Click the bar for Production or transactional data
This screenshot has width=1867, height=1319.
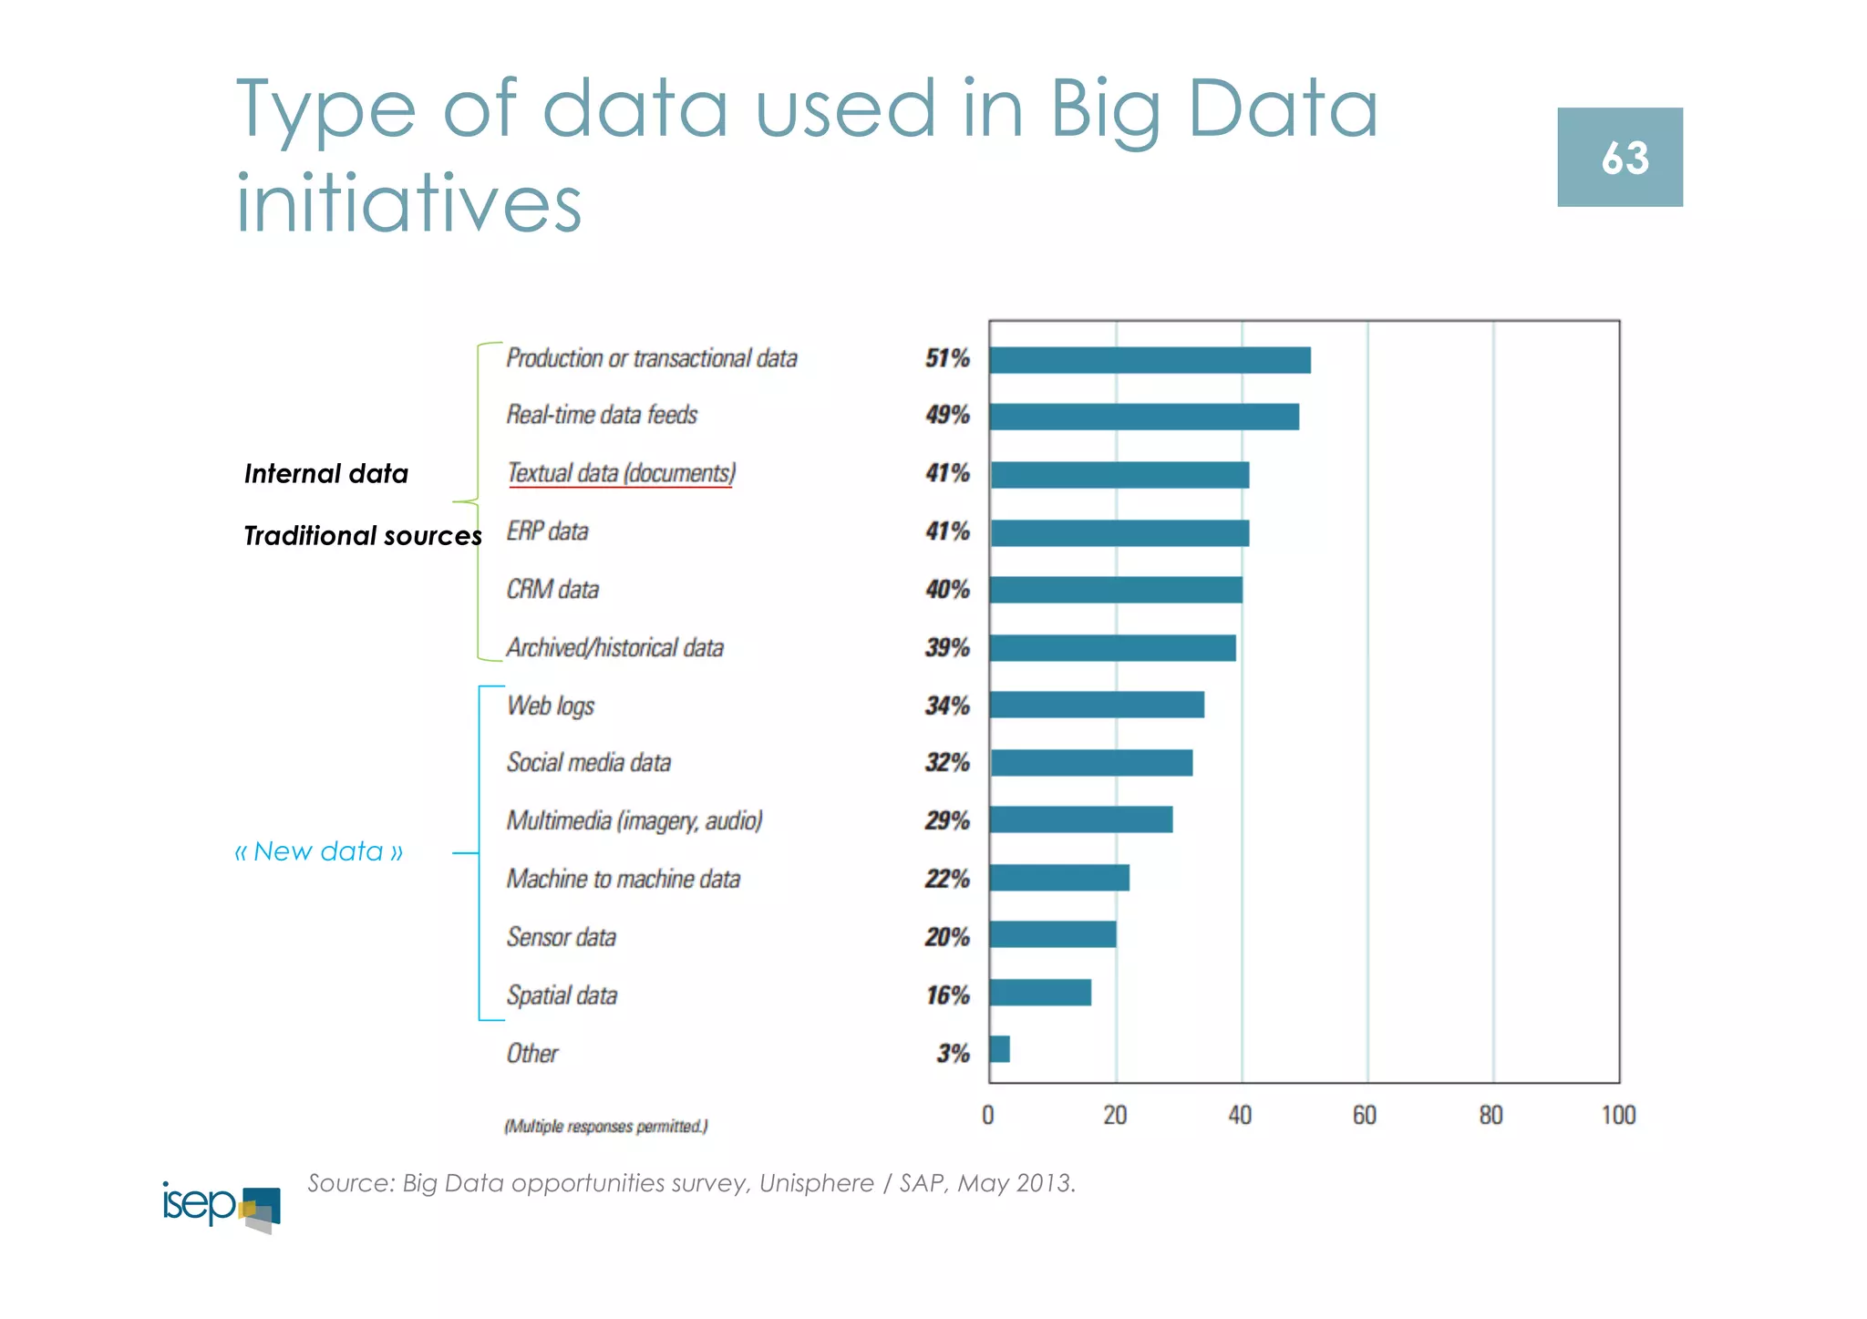tap(1150, 360)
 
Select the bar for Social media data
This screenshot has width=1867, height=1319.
tap(1091, 763)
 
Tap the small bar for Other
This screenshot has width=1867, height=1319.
tap(999, 1049)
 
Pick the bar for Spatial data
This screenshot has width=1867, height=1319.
tap(1040, 993)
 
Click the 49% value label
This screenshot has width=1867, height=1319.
tap(947, 416)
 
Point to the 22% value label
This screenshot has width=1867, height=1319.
tap(947, 880)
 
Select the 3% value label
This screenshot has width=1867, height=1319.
tap(953, 1054)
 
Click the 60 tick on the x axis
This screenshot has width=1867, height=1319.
tap(1365, 1116)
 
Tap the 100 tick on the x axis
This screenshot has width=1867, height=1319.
tap(1618, 1116)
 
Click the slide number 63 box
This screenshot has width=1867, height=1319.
tap(1619, 158)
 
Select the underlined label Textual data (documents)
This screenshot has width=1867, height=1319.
tap(621, 473)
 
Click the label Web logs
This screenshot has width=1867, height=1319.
tap(551, 706)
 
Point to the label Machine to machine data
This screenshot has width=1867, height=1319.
tap(624, 880)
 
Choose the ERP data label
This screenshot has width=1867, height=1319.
tap(547, 531)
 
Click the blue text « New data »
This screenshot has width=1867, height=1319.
tap(319, 851)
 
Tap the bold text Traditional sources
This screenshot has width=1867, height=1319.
tap(362, 536)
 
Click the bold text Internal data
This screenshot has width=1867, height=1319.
tap(325, 474)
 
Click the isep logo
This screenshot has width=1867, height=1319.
tap(222, 1206)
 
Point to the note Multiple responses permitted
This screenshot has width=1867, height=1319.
tap(606, 1127)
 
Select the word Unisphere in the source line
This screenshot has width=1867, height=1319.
tap(816, 1183)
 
